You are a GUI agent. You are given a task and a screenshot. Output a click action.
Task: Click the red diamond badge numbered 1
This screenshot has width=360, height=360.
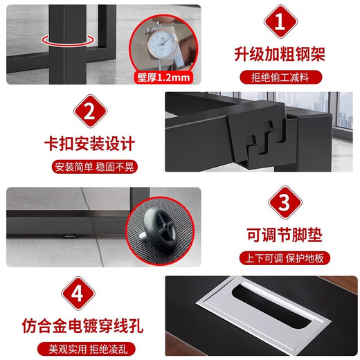pos(278,23)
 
